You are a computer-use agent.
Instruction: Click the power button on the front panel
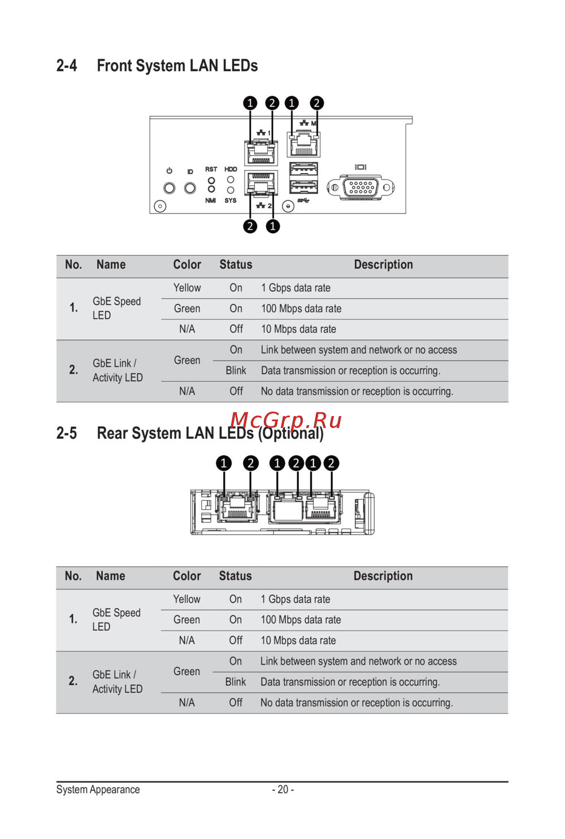[169, 188]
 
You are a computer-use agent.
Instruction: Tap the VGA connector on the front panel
[361, 187]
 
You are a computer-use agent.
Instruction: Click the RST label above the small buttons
[211, 169]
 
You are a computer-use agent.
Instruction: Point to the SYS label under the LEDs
[231, 200]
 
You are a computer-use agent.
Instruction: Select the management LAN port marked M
[303, 145]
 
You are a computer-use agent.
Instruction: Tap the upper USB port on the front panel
[303, 169]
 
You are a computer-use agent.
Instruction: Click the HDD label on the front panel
[231, 169]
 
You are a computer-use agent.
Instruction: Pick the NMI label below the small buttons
[210, 200]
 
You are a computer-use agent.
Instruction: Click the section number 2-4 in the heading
[67, 66]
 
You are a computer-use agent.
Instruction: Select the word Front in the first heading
[114, 66]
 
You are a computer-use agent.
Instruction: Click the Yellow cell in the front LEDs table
[187, 288]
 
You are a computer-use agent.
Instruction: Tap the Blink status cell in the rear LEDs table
[235, 682]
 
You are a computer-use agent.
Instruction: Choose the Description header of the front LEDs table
[383, 265]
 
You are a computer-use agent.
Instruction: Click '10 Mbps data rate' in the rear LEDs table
[298, 641]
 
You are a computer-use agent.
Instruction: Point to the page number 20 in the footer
[282, 789]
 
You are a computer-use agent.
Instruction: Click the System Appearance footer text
[98, 789]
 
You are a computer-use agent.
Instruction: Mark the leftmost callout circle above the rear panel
[224, 464]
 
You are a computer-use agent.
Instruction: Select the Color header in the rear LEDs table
[186, 576]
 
